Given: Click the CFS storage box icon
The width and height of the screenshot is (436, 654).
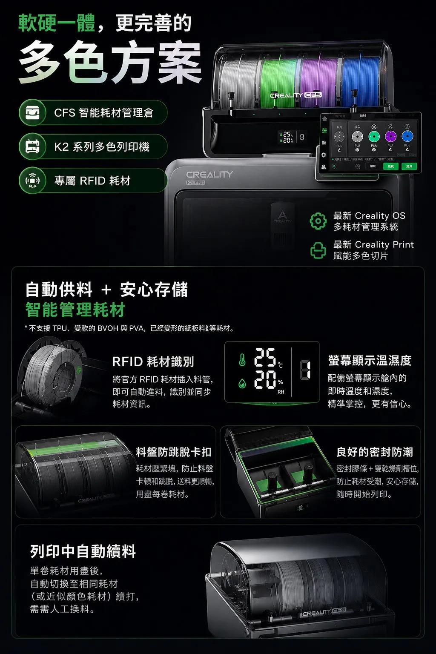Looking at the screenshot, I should point(33,113).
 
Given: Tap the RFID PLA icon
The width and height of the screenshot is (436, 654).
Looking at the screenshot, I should point(33,181).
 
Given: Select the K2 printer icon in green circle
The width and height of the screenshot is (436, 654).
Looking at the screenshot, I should point(33,147).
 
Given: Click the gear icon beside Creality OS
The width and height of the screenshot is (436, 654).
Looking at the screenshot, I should point(318,221).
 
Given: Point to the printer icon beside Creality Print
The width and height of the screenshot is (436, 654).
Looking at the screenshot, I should point(318,250).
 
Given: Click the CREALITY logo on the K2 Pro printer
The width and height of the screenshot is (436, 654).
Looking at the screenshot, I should point(209,175).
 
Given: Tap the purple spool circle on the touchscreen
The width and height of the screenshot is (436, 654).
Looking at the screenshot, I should point(390,136).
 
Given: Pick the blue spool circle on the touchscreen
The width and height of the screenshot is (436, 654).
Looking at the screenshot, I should point(407,136).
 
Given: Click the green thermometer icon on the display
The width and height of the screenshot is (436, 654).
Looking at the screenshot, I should point(242,360).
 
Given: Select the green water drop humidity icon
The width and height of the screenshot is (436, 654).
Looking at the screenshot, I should point(242,383).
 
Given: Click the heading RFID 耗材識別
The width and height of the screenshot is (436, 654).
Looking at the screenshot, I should point(153,362).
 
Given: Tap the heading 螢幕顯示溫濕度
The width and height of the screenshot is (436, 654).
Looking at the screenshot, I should point(370,361).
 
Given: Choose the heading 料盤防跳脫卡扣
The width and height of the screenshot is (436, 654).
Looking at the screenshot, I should point(174,452).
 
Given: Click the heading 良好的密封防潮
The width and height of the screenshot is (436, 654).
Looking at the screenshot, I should point(375,452).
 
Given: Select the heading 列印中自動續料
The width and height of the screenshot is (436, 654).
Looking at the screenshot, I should point(83,551).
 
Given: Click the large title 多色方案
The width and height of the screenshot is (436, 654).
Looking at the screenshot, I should point(110,63).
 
